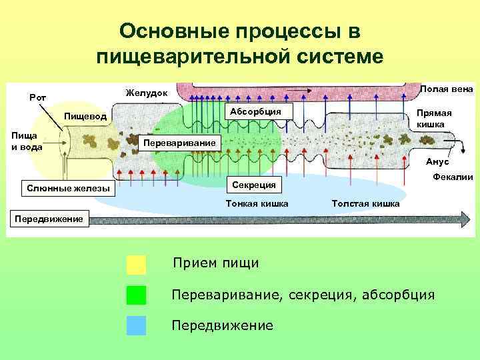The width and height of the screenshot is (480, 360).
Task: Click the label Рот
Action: tap(37, 98)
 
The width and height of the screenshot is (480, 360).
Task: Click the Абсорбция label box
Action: tap(256, 111)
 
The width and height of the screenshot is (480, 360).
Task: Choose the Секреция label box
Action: tap(256, 183)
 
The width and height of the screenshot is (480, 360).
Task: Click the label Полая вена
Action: tap(447, 89)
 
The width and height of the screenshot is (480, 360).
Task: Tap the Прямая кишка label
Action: tap(434, 119)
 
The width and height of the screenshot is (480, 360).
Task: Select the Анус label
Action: tap(437, 162)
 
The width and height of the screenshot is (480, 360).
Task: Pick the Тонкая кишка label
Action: tap(257, 203)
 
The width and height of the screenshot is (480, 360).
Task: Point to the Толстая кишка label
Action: tap(365, 203)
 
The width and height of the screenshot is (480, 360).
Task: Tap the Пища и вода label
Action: tap(25, 141)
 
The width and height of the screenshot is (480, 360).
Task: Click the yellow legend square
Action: tap(136, 265)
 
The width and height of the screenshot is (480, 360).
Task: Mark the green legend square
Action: tap(136, 295)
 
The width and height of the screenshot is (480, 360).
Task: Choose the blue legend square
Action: tap(136, 325)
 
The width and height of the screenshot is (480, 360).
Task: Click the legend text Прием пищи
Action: tap(215, 263)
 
